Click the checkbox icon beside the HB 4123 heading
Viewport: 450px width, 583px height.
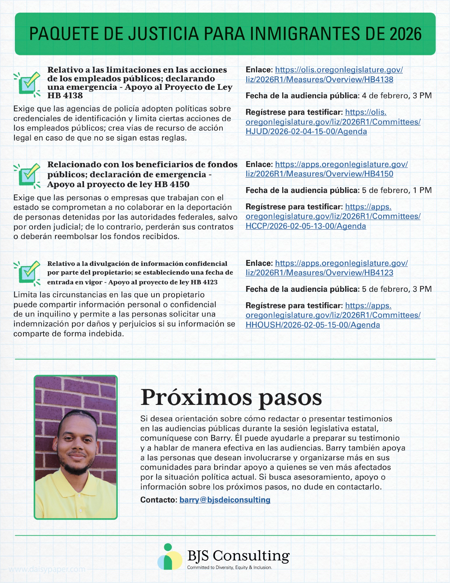pos(28,273)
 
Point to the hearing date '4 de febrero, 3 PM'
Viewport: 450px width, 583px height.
pos(397,96)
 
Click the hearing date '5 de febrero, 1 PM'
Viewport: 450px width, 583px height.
pos(397,190)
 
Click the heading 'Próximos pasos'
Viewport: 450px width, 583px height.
pos(231,398)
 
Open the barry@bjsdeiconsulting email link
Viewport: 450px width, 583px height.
pos(225,500)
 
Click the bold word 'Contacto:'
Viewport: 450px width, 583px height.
pos(159,500)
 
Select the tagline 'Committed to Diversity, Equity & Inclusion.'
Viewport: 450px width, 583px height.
pos(230,567)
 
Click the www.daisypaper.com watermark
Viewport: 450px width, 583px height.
pos(47,569)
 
